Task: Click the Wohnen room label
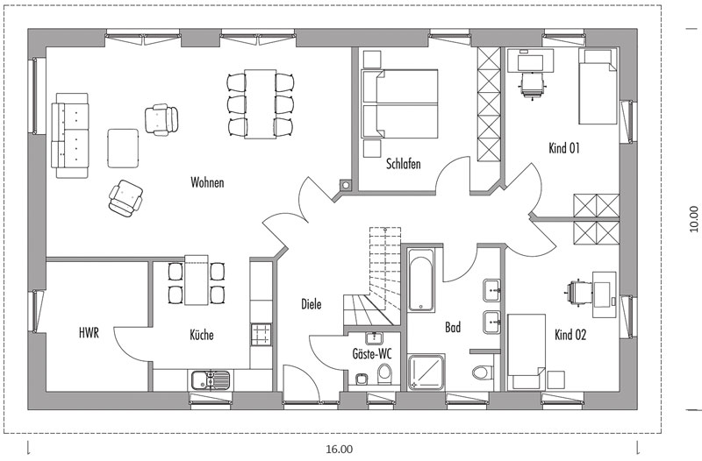point(207,182)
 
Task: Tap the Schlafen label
point(404,164)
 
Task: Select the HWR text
point(89,333)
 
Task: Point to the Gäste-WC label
point(371,354)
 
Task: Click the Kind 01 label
point(564,148)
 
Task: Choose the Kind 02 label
point(570,335)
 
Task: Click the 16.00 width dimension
point(339,449)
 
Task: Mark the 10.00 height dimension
point(693,218)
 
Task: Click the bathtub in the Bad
point(421,280)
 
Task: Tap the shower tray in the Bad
point(426,372)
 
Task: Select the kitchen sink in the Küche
point(211,380)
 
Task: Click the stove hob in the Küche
point(261,335)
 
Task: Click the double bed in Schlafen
point(399,103)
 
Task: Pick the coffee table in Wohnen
point(123,148)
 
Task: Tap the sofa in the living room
point(70,135)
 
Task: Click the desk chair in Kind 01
point(534,84)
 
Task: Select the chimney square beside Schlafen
point(345,185)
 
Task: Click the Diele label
point(312,304)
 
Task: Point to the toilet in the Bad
point(484,371)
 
